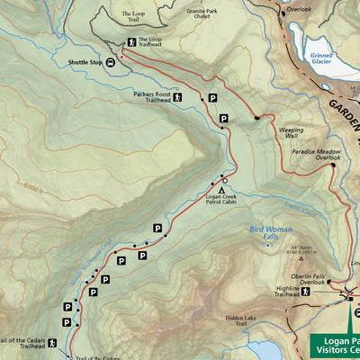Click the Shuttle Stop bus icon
[x=112, y=62]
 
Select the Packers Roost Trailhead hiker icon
[x=178, y=97]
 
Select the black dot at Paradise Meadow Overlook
[x=332, y=165]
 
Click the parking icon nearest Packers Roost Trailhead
[x=212, y=98]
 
